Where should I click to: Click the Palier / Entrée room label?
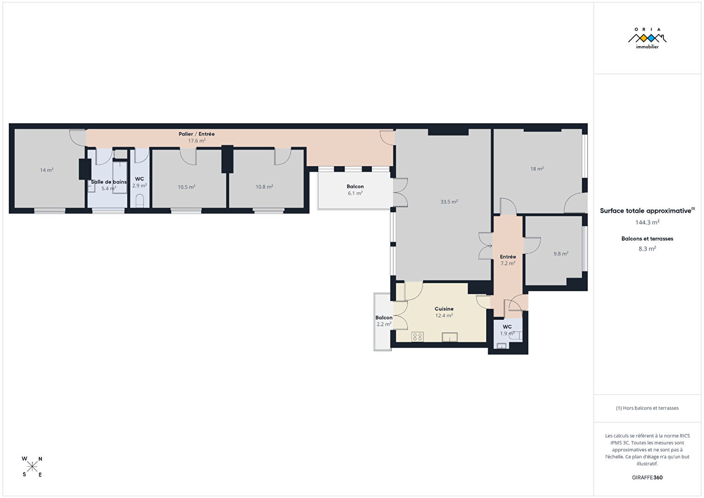click(x=197, y=134)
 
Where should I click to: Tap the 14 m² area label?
click(x=47, y=170)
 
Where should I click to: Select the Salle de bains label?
click(x=109, y=182)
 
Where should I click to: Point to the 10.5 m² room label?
click(x=186, y=187)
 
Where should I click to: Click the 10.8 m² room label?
click(x=264, y=187)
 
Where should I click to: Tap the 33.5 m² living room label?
click(x=449, y=202)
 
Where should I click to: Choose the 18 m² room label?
click(x=537, y=169)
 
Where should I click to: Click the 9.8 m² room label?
click(x=561, y=253)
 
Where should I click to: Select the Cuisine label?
click(x=444, y=309)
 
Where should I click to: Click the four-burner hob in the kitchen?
click(x=418, y=337)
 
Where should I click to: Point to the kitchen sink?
click(x=449, y=337)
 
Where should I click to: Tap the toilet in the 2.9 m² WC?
click(x=139, y=201)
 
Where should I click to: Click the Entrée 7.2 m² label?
click(x=508, y=260)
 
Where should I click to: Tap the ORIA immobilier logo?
click(x=647, y=38)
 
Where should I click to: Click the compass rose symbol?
click(x=32, y=467)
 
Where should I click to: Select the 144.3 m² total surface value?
click(x=647, y=222)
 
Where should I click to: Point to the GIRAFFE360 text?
click(x=647, y=477)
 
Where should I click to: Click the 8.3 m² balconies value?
click(x=647, y=249)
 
